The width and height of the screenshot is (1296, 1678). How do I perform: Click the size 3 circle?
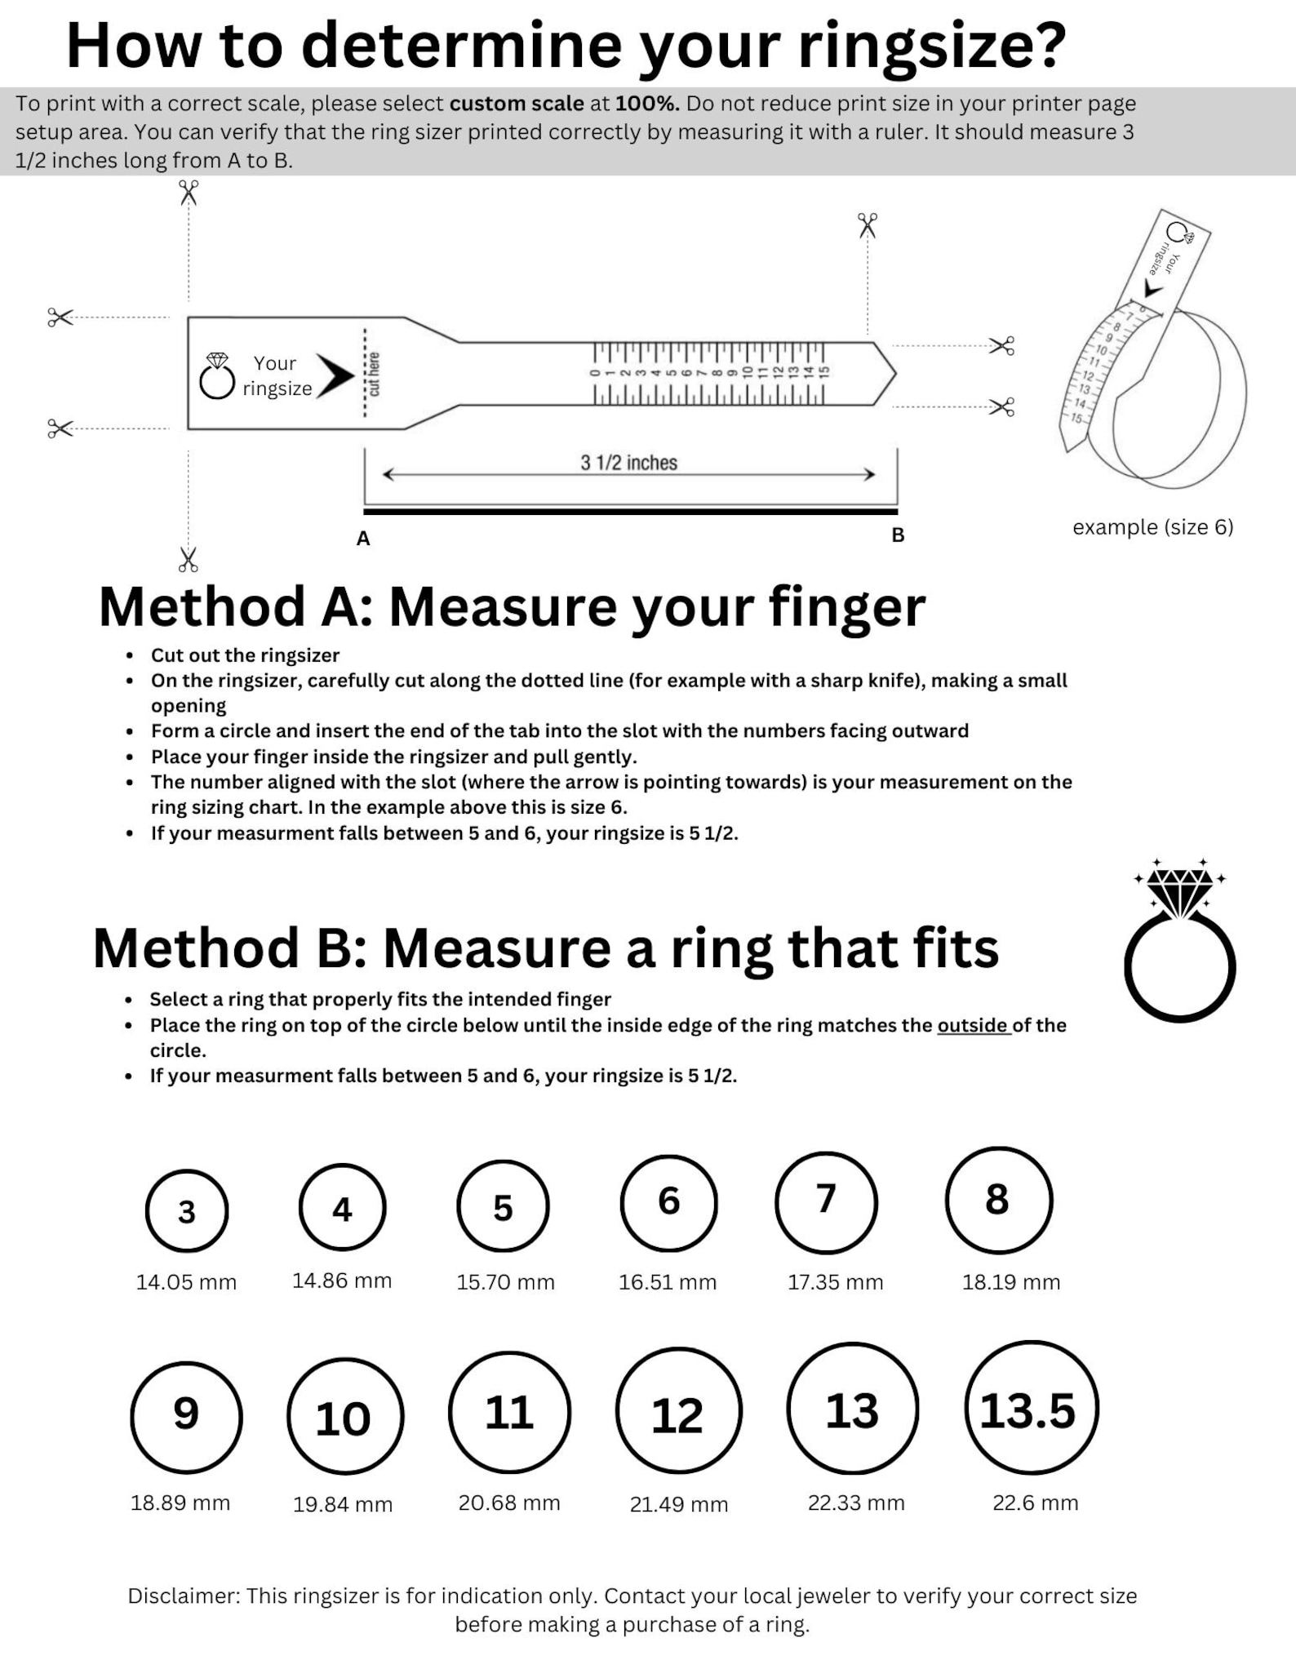click(x=187, y=1210)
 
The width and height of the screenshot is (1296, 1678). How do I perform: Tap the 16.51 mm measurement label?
click(x=668, y=1281)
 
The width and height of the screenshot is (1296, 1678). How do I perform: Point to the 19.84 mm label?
click(x=343, y=1503)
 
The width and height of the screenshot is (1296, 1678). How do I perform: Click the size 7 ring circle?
click(x=826, y=1202)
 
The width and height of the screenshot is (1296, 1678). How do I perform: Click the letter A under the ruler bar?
click(x=363, y=539)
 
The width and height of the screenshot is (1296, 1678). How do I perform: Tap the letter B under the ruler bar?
click(x=898, y=535)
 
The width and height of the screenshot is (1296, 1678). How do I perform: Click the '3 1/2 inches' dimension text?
click(x=628, y=463)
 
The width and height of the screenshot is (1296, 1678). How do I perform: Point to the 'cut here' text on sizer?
click(x=375, y=374)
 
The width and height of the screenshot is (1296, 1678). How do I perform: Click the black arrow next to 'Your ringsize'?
click(x=335, y=375)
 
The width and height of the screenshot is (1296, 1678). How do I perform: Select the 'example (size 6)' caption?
click(x=1152, y=527)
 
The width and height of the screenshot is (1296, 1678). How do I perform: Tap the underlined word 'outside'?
click(x=973, y=1025)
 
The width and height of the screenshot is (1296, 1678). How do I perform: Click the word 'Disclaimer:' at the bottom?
click(x=184, y=1596)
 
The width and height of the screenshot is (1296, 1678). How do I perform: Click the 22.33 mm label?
click(x=856, y=1502)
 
